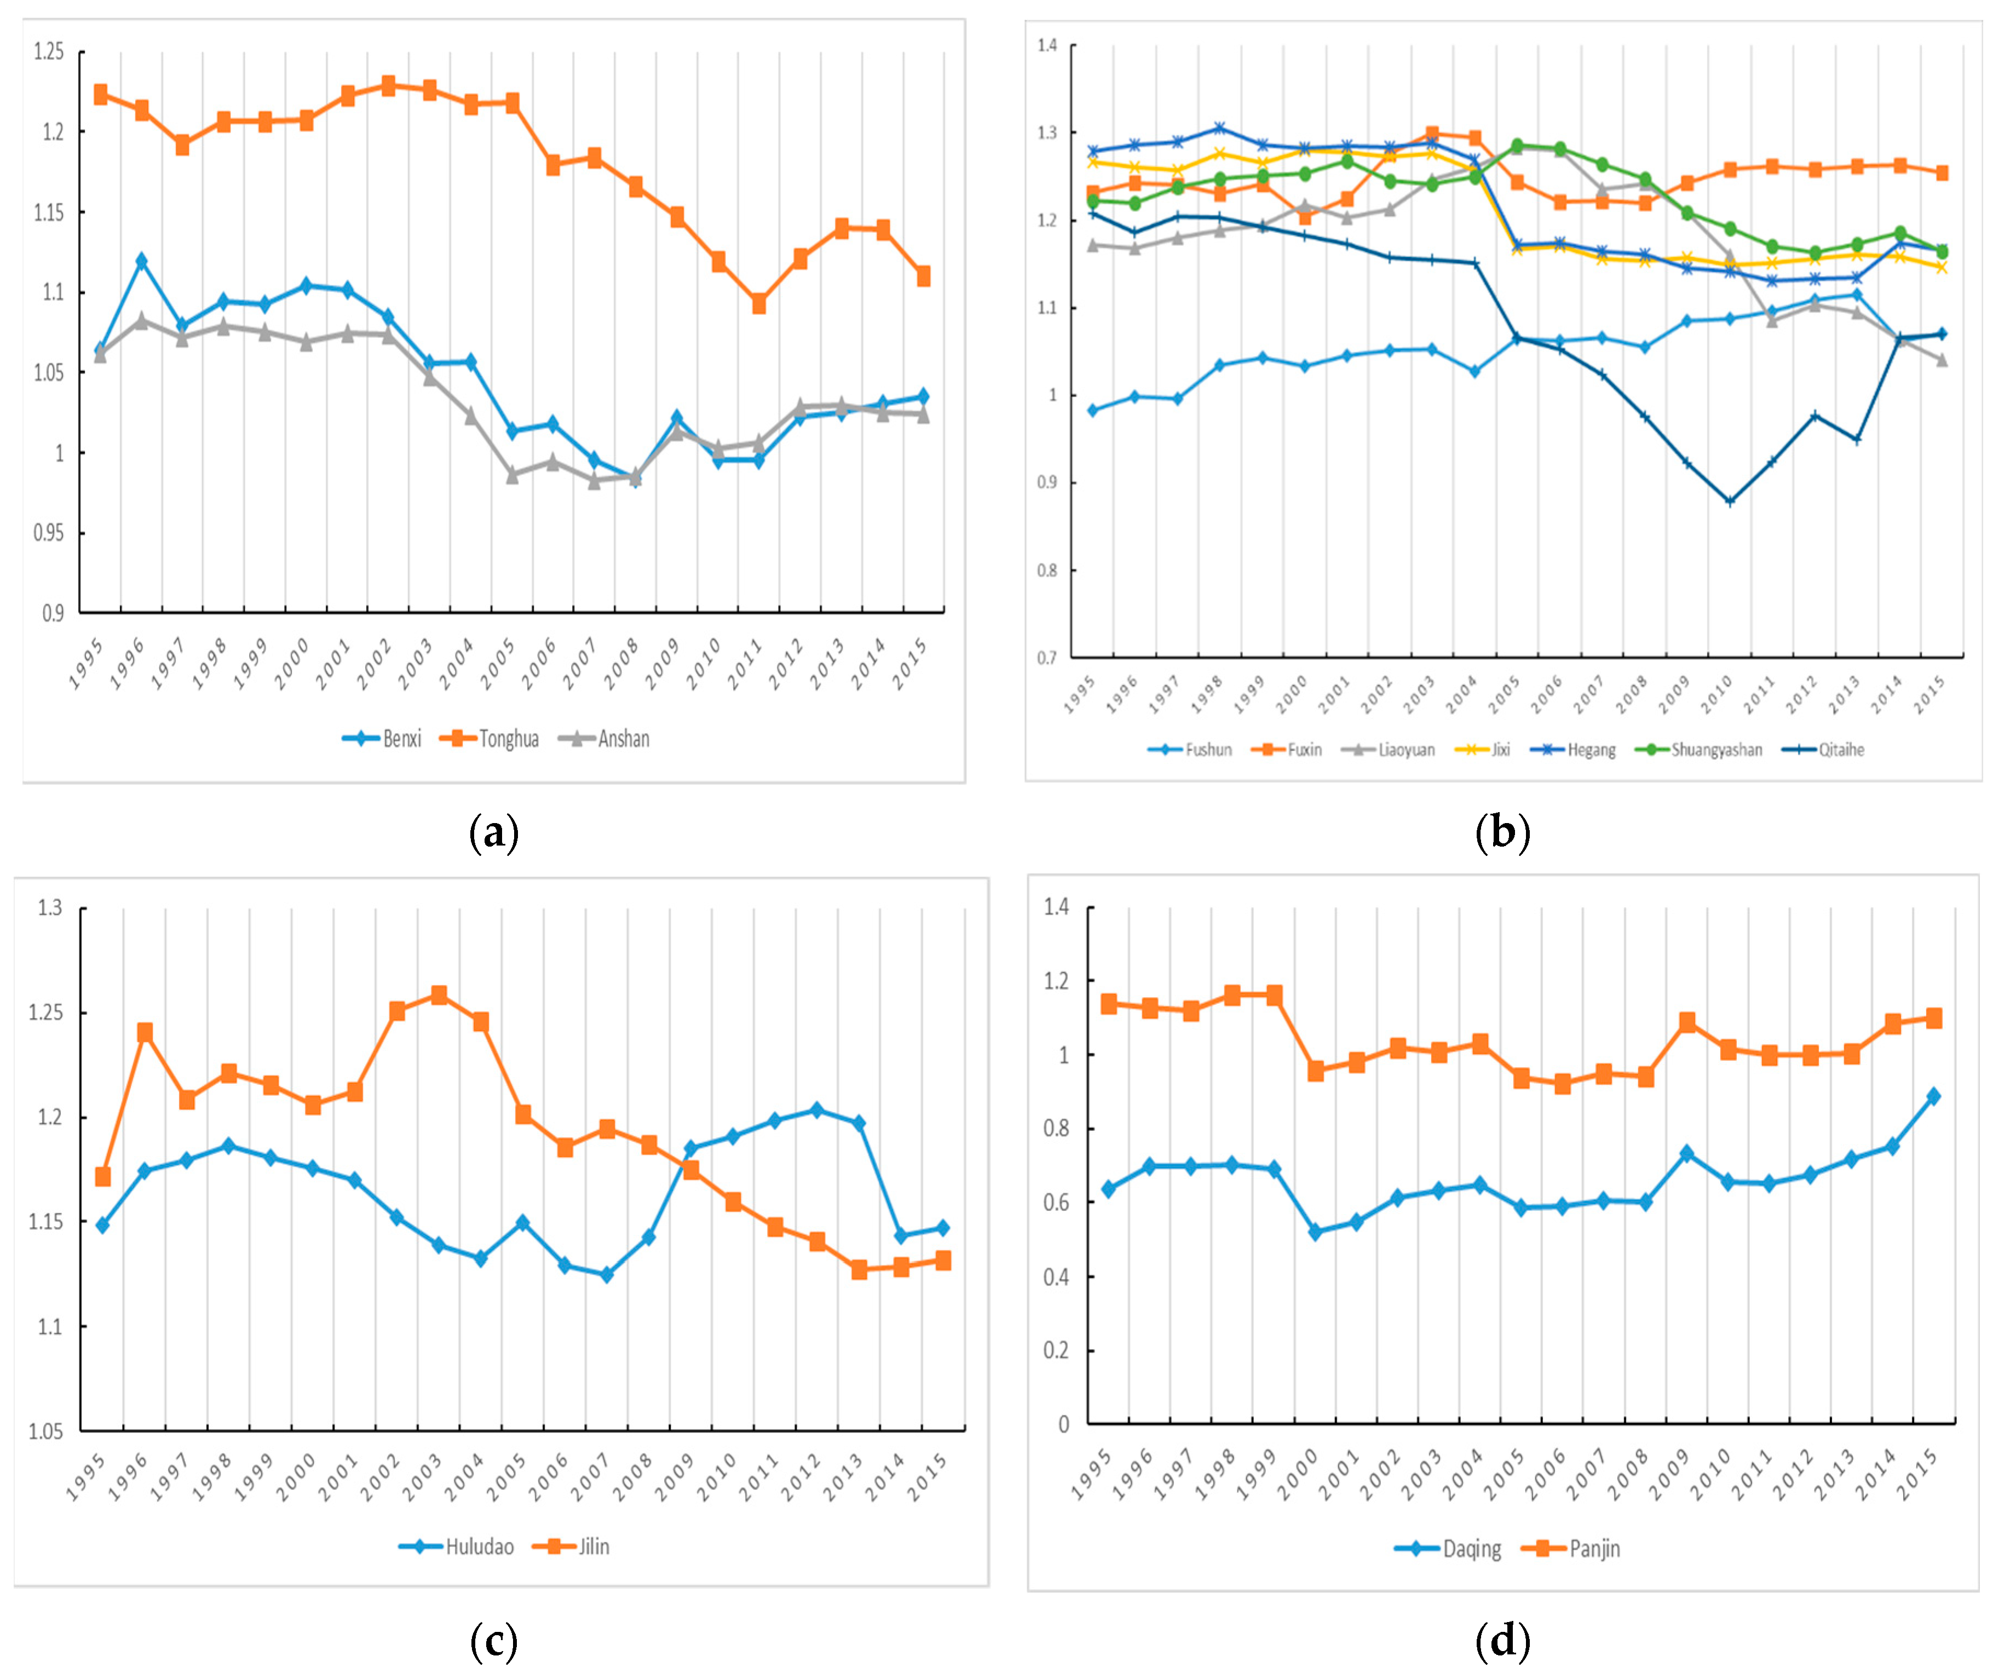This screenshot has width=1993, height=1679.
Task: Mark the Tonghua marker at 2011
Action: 758,304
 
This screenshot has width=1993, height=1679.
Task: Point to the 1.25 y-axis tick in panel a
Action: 49,51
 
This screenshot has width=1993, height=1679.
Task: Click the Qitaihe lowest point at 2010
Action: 1729,502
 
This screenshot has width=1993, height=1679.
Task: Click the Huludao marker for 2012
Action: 816,1110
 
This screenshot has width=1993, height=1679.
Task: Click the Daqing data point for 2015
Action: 1933,1096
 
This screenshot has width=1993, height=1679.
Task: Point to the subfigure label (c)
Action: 494,1640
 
